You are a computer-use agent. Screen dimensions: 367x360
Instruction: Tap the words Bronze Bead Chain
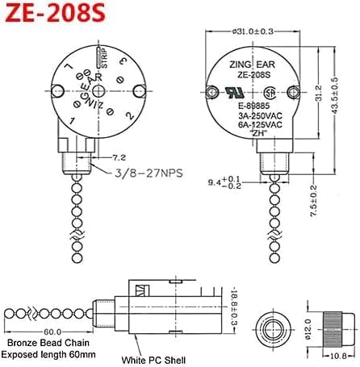click(43, 344)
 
